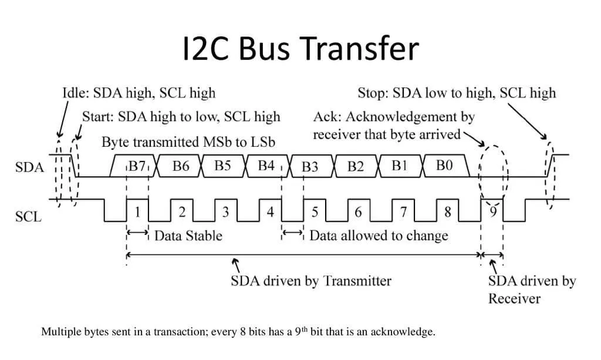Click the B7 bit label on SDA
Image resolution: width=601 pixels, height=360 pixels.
click(137, 166)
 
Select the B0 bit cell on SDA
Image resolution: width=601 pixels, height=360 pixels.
click(445, 166)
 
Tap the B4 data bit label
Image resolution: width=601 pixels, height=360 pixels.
click(266, 166)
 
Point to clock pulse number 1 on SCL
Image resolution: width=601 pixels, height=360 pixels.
click(137, 212)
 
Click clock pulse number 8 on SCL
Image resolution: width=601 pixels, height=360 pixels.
click(448, 212)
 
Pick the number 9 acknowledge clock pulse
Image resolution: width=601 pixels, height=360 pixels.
click(493, 210)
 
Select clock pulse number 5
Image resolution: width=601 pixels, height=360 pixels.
click(315, 212)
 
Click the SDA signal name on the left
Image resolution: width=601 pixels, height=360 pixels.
click(29, 167)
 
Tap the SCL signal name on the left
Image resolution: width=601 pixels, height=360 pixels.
click(28, 217)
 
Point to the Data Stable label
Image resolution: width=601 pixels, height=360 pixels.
click(188, 236)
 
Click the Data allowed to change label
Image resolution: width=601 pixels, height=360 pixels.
click(379, 236)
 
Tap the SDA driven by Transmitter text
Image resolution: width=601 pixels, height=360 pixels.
click(310, 281)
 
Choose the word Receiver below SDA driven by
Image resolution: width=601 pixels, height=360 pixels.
click(514, 298)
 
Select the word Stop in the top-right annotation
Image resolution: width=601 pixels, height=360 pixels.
click(372, 93)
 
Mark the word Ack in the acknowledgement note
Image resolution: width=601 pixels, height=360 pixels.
click(324, 117)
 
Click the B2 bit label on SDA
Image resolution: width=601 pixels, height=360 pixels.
click(356, 167)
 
